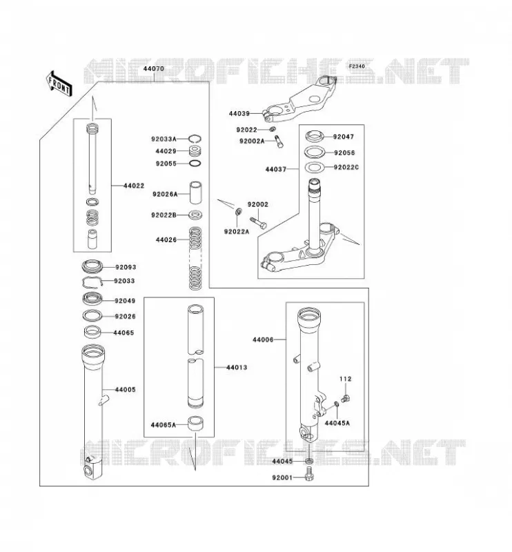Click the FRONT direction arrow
tap(59, 83)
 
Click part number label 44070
tap(153, 68)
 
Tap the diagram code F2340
tap(357, 66)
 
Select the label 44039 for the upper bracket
tap(239, 114)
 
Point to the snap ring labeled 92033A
tap(195, 139)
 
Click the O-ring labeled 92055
tap(195, 164)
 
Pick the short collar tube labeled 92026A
tap(196, 193)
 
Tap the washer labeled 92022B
tap(195, 215)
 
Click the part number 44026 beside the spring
tap(166, 239)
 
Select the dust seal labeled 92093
tap(92, 266)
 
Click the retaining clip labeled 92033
tap(92, 282)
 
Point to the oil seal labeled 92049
tap(92, 299)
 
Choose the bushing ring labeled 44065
tap(92, 331)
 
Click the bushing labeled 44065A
tap(195, 424)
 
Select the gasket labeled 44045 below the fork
tap(309, 460)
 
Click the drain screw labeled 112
tap(346, 399)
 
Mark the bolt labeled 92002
tap(258, 223)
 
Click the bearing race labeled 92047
tap(315, 136)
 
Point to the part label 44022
tap(134, 186)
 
